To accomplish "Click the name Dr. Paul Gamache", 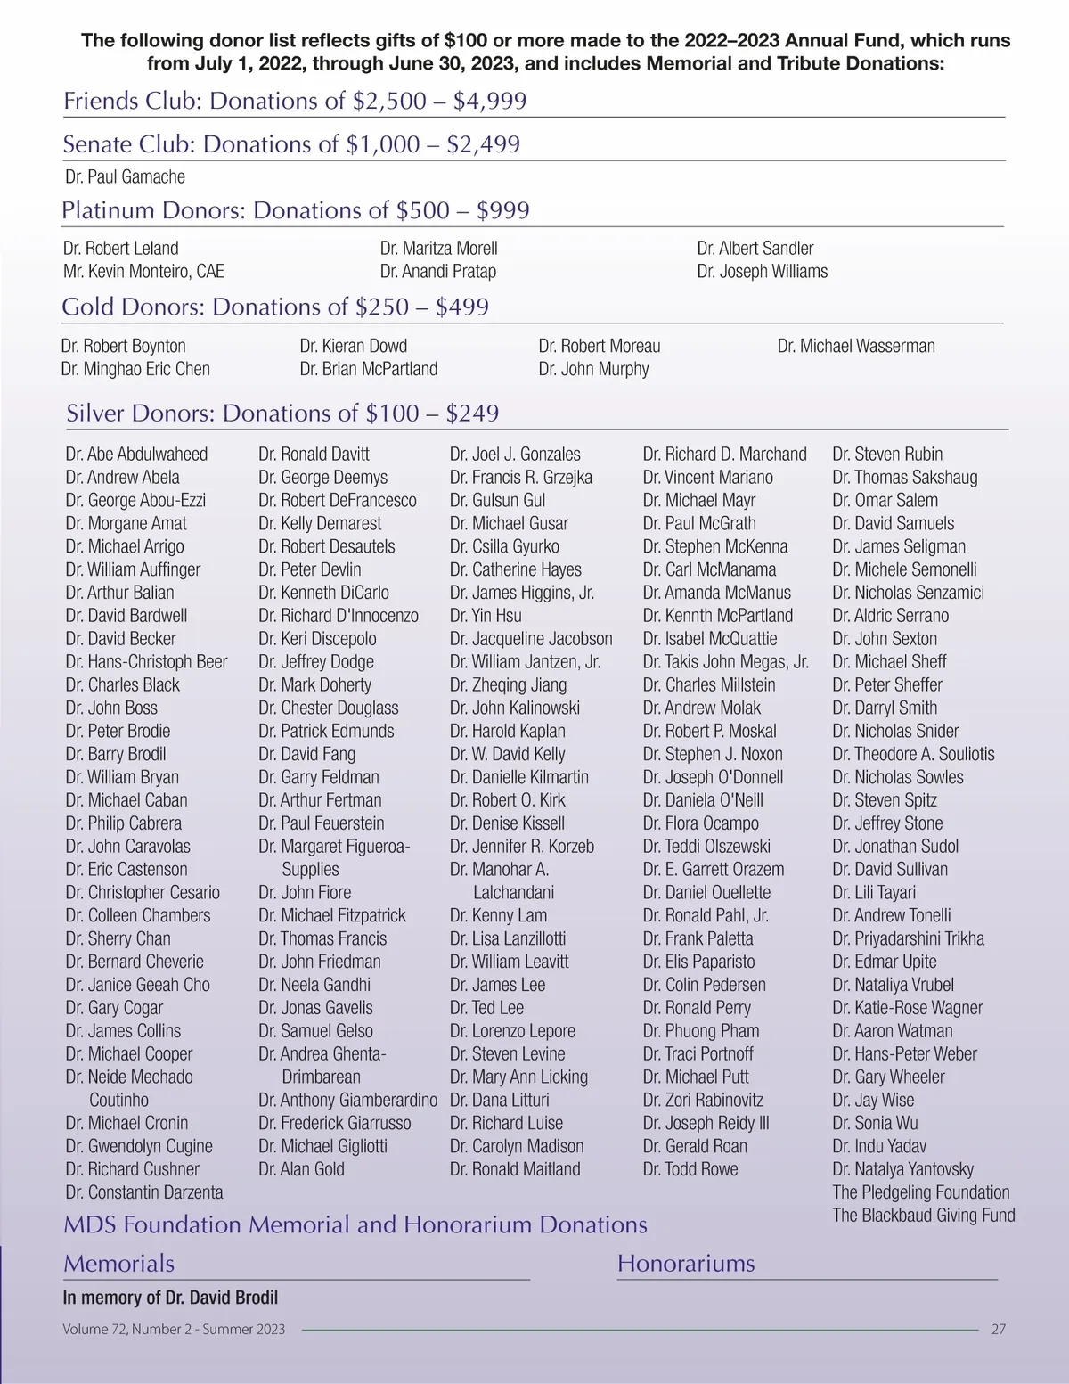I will (125, 176).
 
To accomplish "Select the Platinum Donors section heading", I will (295, 210).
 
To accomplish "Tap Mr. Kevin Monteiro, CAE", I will (143, 271).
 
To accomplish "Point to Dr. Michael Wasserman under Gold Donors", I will (855, 346).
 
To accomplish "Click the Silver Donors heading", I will (282, 413).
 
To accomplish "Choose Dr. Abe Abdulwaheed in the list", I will (136, 454).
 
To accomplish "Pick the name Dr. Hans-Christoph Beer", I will (146, 661).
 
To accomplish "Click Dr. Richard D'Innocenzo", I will (338, 615).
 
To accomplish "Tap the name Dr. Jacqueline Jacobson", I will (531, 638).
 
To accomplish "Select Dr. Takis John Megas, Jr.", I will (725, 661).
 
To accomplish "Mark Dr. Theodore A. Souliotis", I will (913, 754).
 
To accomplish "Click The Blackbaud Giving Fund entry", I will (923, 1215).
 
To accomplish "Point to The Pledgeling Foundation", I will (920, 1192).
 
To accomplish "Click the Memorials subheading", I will (118, 1263).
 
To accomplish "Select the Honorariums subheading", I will (685, 1263).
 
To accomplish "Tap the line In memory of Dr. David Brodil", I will (170, 1298).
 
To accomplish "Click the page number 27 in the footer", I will (998, 1329).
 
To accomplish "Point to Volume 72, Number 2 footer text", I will (174, 1329).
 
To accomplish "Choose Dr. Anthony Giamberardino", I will (347, 1100).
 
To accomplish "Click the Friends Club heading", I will (295, 101).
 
